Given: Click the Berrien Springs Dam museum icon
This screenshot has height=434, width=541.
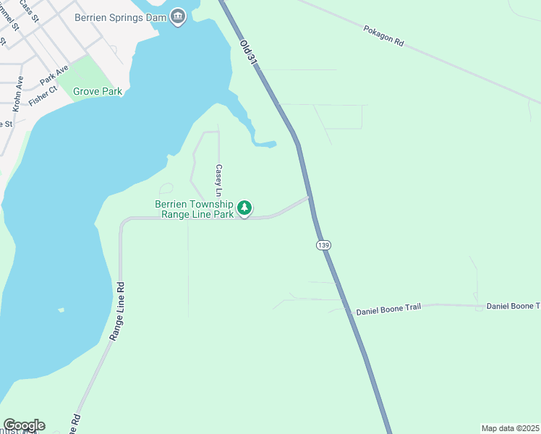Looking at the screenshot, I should pyautogui.click(x=179, y=20).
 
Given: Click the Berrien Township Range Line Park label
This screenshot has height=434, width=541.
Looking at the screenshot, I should pyautogui.click(x=194, y=209).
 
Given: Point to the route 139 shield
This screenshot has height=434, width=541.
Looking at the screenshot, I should pyautogui.click(x=323, y=246).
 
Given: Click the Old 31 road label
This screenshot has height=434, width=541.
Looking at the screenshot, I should pyautogui.click(x=248, y=54).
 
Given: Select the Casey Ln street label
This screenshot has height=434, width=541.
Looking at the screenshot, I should pyautogui.click(x=218, y=180).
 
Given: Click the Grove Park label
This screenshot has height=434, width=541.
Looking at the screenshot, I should pyautogui.click(x=98, y=92).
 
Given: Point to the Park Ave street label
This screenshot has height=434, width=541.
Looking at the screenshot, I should pyautogui.click(x=54, y=74).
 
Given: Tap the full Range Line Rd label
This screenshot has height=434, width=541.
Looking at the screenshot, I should pyautogui.click(x=118, y=311).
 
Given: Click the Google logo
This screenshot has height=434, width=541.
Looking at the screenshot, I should pyautogui.click(x=25, y=425).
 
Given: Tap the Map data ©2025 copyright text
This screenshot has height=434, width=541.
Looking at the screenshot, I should pyautogui.click(x=510, y=428).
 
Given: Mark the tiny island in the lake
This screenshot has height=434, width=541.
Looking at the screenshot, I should pyautogui.click(x=61, y=310).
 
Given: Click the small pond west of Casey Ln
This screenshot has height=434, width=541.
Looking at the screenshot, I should pyautogui.click(x=166, y=189).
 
